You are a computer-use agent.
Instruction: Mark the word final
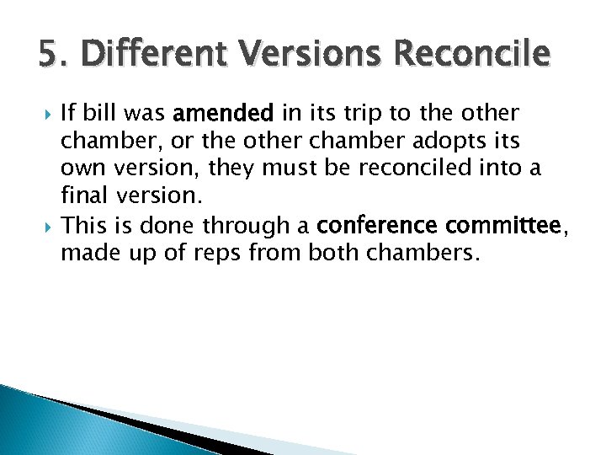click(83, 195)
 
